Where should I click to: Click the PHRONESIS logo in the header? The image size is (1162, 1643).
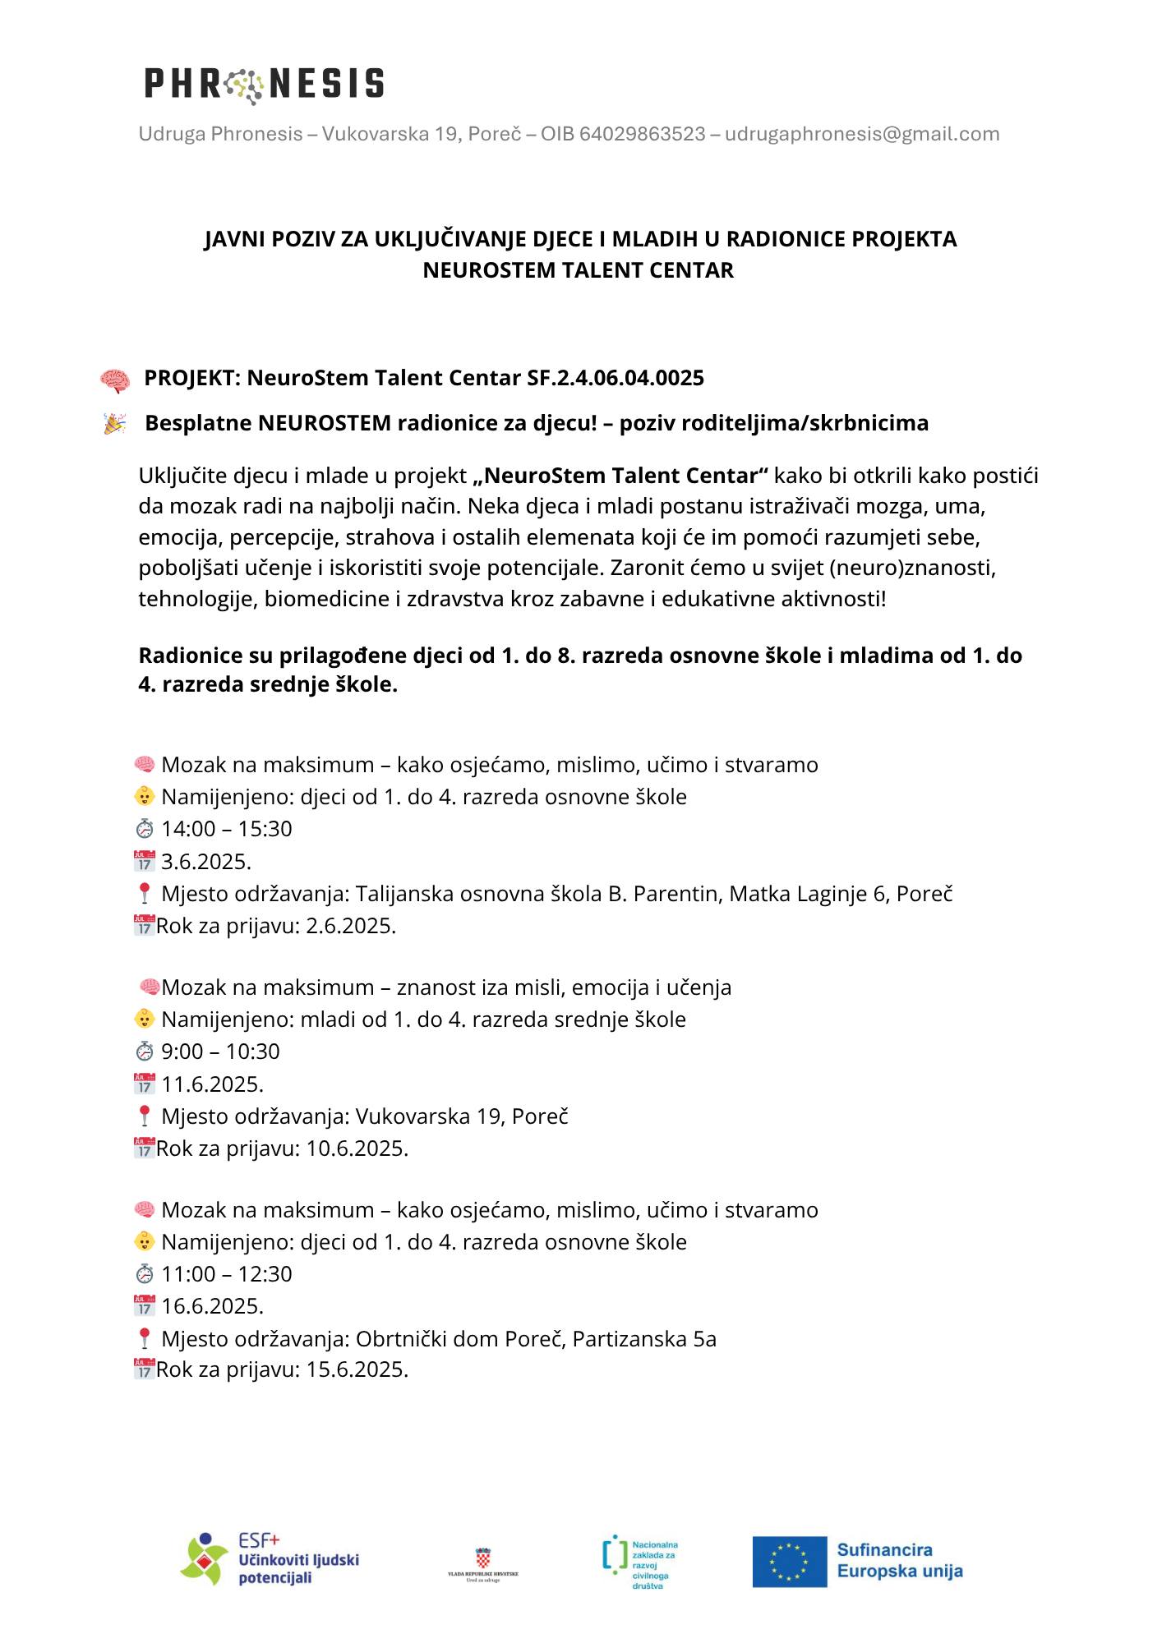pos(264,84)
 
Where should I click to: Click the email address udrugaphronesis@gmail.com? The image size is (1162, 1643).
pos(862,134)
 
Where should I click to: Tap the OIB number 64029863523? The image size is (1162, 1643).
pos(642,134)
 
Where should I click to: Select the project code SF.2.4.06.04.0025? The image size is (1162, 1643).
pos(616,378)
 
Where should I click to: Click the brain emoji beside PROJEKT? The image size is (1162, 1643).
pos(115,380)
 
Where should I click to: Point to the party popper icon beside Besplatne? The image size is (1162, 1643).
pos(114,424)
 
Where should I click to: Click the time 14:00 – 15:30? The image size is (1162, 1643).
pos(227,829)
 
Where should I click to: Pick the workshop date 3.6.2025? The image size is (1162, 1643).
pos(206,862)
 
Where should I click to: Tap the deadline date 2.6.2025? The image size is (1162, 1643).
pos(351,926)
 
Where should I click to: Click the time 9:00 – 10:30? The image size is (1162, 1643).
pos(220,1052)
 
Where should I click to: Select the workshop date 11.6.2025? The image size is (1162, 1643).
pos(212,1084)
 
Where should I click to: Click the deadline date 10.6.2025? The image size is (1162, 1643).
pos(357,1148)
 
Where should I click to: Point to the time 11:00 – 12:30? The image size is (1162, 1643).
pos(227,1274)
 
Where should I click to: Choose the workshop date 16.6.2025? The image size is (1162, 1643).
pos(212,1306)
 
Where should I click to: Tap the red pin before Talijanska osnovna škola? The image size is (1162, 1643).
pos(145,894)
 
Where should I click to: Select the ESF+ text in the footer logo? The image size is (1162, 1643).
pos(259,1539)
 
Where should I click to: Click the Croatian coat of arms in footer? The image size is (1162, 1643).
pos(483,1558)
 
